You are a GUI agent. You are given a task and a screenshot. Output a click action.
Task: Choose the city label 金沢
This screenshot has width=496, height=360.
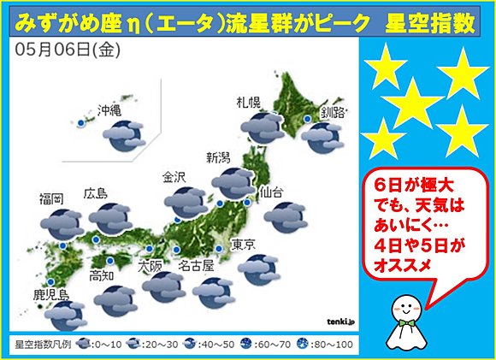(174, 178)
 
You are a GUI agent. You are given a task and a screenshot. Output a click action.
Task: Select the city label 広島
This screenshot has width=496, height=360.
(96, 193)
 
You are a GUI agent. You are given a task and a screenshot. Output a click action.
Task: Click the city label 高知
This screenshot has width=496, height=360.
(102, 275)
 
